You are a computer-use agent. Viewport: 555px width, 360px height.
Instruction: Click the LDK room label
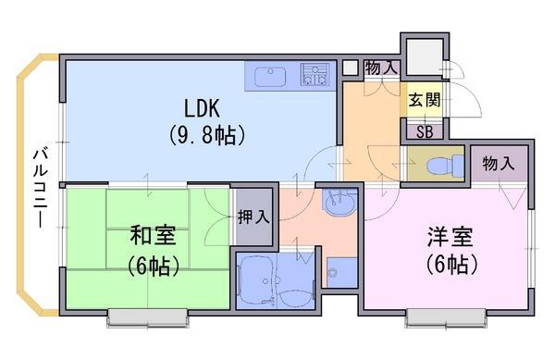[202, 108]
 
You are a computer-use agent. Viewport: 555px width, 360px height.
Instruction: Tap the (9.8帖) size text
[206, 135]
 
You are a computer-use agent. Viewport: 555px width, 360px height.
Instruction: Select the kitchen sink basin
[270, 77]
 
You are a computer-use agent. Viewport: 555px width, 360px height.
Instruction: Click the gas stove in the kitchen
[315, 74]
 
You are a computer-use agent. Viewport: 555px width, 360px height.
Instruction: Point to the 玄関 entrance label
[425, 100]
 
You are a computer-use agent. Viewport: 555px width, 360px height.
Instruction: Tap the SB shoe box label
[425, 132]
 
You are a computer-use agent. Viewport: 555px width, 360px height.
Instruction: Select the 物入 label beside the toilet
[498, 164]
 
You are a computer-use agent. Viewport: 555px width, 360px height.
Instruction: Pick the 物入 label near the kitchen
[381, 68]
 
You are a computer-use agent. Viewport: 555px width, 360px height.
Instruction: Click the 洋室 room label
[450, 237]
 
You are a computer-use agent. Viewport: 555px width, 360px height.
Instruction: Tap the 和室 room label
[153, 235]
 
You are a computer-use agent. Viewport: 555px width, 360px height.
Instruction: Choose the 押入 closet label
[253, 217]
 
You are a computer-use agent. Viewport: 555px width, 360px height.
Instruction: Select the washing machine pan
[341, 273]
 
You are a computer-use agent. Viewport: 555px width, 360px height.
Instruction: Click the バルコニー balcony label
[41, 188]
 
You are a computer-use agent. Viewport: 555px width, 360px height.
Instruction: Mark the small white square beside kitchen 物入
[350, 68]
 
